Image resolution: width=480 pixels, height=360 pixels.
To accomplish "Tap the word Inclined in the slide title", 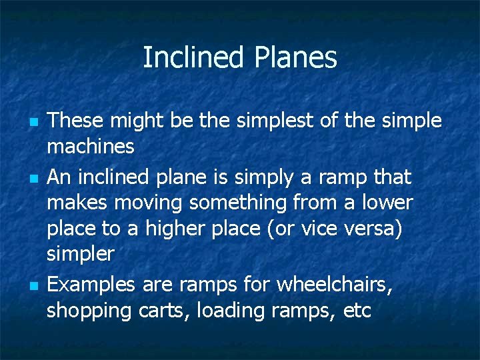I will coord(195,58).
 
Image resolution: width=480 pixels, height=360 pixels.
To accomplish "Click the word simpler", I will coord(81,253).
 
